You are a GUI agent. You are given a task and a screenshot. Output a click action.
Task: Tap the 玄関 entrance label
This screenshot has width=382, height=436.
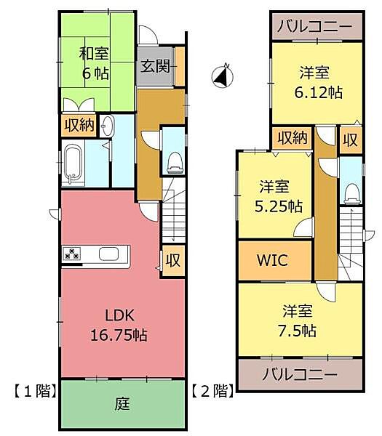(x=155, y=67)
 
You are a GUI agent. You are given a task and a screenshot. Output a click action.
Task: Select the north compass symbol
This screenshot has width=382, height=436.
(x=222, y=76)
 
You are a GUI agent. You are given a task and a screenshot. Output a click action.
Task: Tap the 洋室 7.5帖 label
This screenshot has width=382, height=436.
(x=299, y=320)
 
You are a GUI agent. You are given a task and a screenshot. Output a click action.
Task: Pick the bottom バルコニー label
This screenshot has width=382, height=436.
(x=300, y=376)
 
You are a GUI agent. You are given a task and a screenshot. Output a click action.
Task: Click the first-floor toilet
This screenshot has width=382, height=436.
(x=174, y=161)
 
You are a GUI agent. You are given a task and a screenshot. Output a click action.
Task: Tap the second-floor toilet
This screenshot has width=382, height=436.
(x=351, y=190)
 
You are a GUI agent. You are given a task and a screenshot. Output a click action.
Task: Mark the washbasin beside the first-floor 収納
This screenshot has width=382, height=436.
(x=107, y=125)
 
